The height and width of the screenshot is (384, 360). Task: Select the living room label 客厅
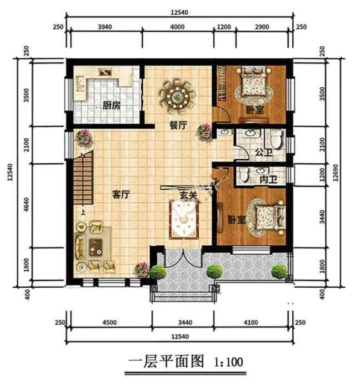[x=121, y=194]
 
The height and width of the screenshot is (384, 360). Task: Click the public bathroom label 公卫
[x=261, y=153]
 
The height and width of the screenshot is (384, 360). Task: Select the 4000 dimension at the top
[x=177, y=28]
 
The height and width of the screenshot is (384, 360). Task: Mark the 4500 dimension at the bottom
[x=109, y=323]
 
